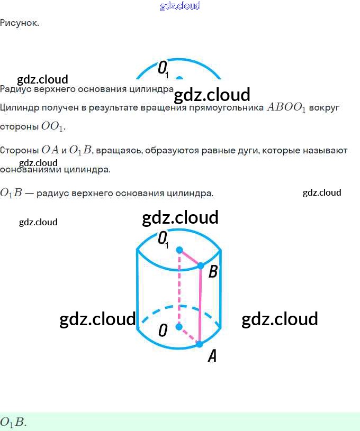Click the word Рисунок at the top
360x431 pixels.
pyautogui.click(x=19, y=23)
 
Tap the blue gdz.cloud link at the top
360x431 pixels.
pyautogui.click(x=180, y=6)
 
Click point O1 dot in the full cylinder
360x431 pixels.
pyautogui.click(x=179, y=250)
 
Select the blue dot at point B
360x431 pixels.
pyautogui.click(x=201, y=265)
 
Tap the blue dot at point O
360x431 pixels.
pyautogui.click(x=179, y=327)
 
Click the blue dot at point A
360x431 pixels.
pyautogui.click(x=200, y=344)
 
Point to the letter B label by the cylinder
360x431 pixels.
pyautogui.click(x=213, y=272)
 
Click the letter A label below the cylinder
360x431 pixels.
pyautogui.click(x=212, y=356)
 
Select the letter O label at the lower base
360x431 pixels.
pyautogui.click(x=163, y=331)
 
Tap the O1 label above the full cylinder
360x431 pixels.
pyautogui.click(x=164, y=239)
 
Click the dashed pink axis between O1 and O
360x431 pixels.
pyautogui.click(x=179, y=288)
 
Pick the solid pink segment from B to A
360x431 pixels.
pyautogui.click(x=200, y=305)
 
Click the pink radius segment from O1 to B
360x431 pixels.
pyautogui.click(x=190, y=258)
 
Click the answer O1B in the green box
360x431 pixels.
pyautogui.click(x=13, y=422)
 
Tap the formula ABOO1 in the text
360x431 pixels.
pyautogui.click(x=286, y=107)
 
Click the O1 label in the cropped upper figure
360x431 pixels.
pyautogui.click(x=164, y=68)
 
